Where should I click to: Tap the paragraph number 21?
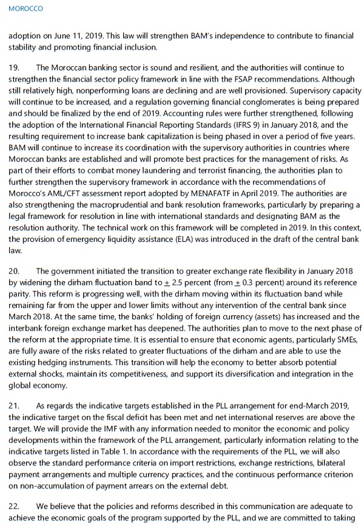[x=15, y=405]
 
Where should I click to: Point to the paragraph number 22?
[x=15, y=506]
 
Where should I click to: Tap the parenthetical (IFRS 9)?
[x=222, y=125]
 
